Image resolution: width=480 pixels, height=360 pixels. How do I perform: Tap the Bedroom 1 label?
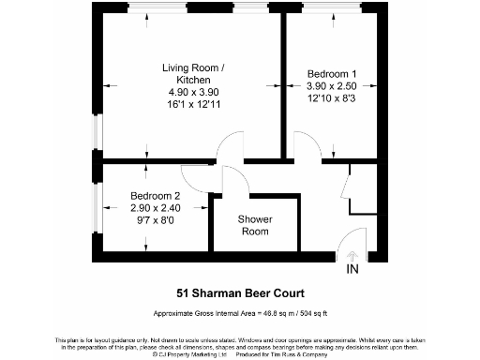click(333, 73)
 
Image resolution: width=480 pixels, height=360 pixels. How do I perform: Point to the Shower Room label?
click(255, 225)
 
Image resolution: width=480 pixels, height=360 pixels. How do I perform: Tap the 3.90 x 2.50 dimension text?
click(333, 86)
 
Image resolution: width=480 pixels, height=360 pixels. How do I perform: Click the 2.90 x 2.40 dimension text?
click(156, 209)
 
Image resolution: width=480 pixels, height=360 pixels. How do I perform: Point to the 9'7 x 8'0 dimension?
click(156, 222)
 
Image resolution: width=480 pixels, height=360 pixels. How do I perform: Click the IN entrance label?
click(352, 270)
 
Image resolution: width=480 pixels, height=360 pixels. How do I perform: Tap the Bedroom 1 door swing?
click(305, 145)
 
